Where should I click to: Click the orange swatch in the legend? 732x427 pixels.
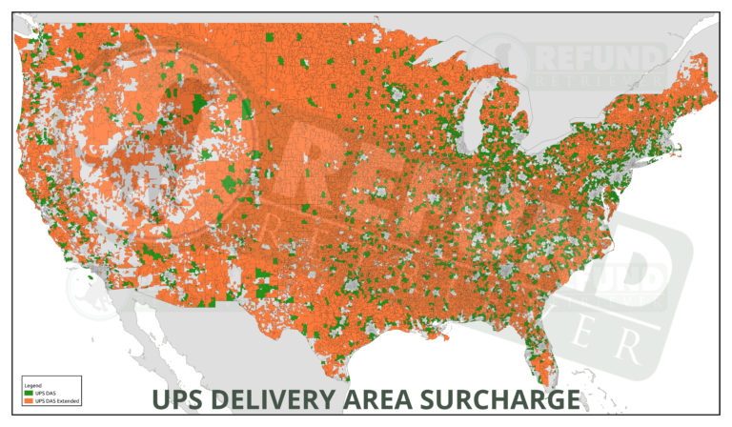[27, 398]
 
